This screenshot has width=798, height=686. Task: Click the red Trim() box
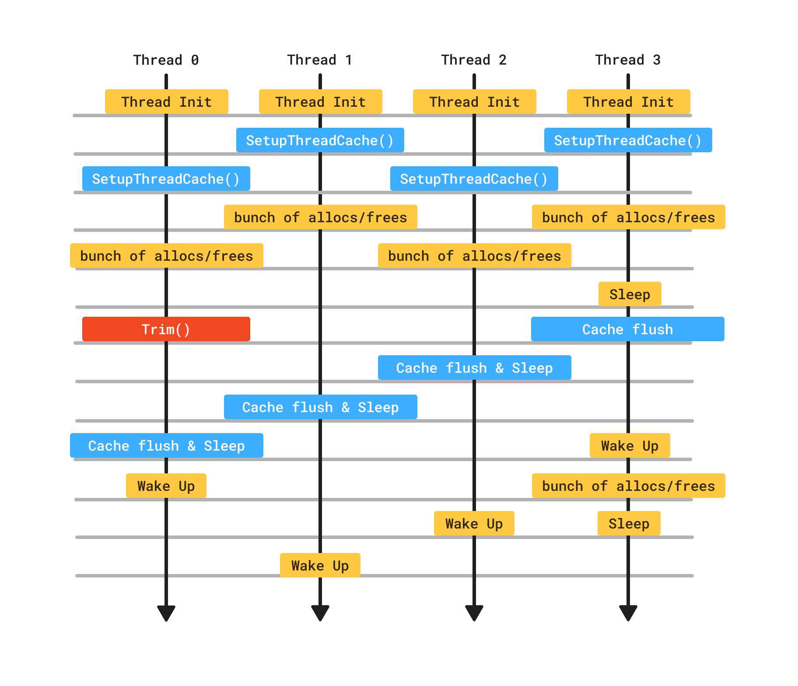pos(166,329)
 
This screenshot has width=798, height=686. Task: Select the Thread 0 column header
pos(166,60)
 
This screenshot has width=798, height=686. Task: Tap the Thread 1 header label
pos(320,60)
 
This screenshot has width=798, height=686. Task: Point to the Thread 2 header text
pos(474,60)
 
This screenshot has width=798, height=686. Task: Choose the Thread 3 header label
pos(628,60)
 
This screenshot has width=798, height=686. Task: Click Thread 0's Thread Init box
pos(166,101)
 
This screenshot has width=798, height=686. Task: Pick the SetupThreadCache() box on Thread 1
pos(320,140)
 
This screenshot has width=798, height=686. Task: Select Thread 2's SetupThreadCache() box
pos(474,178)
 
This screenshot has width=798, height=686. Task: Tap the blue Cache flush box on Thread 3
pos(627,329)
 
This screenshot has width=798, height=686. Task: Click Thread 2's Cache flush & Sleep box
pos(474,367)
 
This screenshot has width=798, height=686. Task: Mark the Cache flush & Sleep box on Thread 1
pos(320,407)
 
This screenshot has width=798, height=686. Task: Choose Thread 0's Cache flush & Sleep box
pos(166,445)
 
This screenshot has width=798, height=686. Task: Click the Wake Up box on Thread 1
pos(320,565)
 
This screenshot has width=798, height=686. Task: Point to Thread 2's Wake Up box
pos(474,523)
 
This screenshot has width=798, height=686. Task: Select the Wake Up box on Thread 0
pos(166,486)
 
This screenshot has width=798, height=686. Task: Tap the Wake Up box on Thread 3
pos(630,445)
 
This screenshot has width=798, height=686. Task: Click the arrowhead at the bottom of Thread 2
pos(474,612)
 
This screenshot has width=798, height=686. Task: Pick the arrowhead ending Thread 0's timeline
pos(166,612)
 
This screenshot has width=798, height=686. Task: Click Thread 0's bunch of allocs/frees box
pos(166,255)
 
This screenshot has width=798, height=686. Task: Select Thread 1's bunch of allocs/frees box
pos(320,217)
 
